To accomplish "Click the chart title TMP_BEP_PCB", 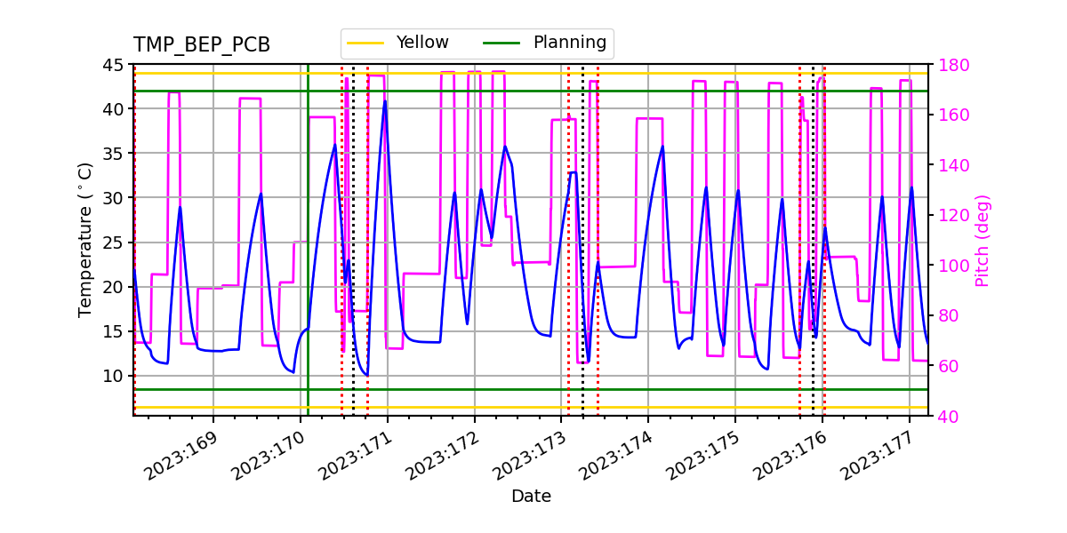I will [202, 45].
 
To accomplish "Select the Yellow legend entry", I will [422, 43].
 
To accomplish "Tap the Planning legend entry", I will [569, 43].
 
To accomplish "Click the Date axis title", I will [531, 497].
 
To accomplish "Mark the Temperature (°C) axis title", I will [85, 239].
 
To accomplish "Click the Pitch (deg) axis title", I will [983, 240].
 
